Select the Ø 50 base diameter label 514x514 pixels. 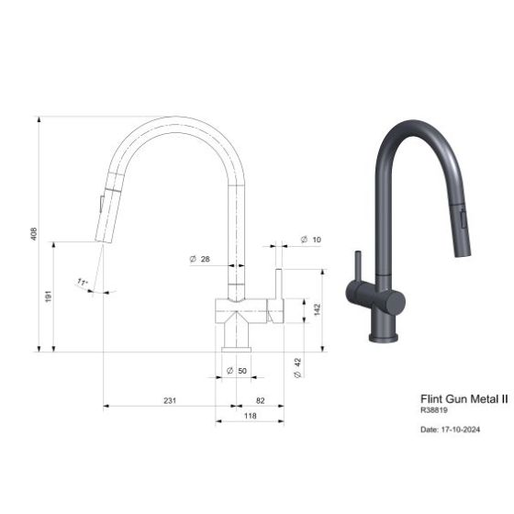tap(237, 371)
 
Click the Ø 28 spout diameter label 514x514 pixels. tap(199, 260)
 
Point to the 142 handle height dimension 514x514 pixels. tap(317, 308)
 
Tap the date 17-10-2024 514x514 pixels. tap(450, 429)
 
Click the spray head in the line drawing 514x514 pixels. tap(107, 207)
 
